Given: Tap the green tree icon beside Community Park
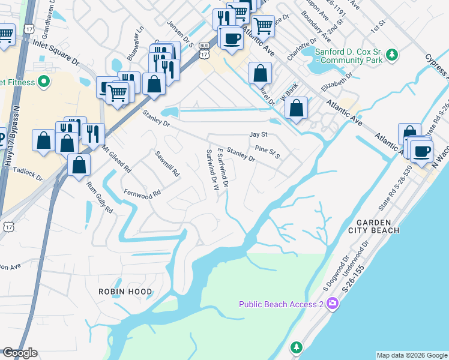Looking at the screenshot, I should (392, 55).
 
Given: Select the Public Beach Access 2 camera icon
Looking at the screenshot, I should (333, 305).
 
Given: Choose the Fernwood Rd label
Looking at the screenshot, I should (142, 193).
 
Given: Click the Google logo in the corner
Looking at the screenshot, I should (20, 353).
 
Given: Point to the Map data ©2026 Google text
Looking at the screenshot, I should (411, 355).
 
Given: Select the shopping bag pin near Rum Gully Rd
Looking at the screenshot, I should (79, 166).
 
